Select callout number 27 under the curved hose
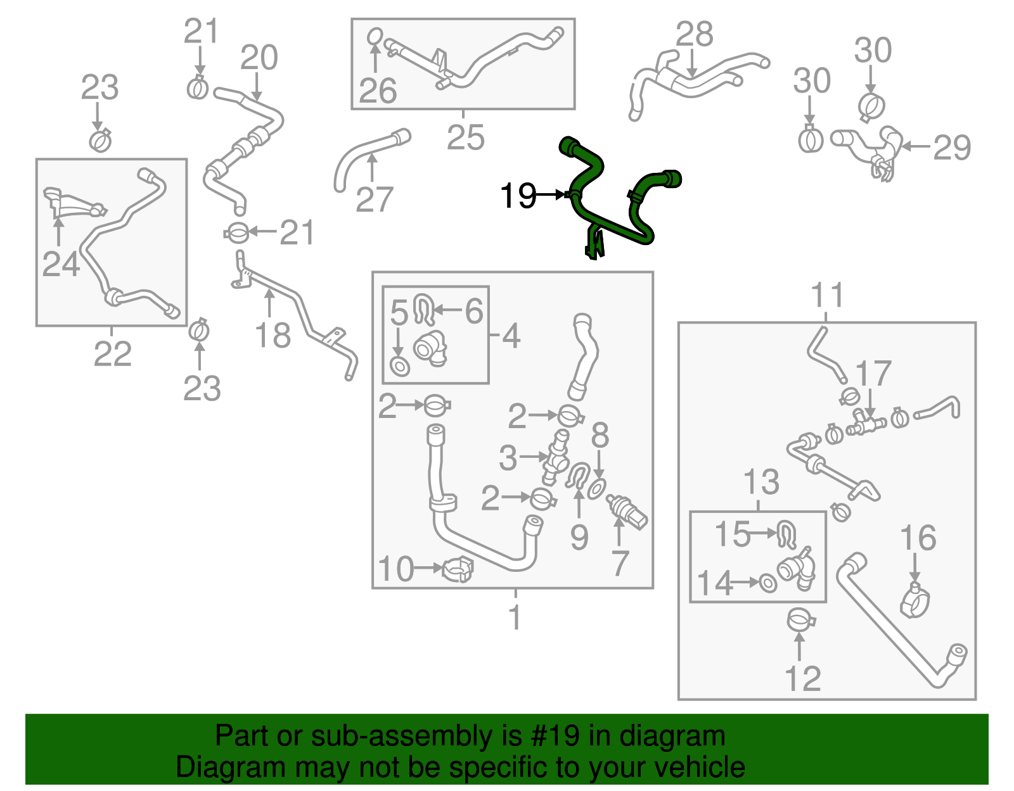374,200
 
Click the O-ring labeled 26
375,37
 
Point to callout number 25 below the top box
465,137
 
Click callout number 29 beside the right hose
952,148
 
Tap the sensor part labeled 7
627,512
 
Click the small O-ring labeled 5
400,366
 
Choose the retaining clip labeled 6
423,308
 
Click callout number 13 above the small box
760,483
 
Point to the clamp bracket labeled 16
915,598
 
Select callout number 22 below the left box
112,354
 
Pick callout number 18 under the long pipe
273,336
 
